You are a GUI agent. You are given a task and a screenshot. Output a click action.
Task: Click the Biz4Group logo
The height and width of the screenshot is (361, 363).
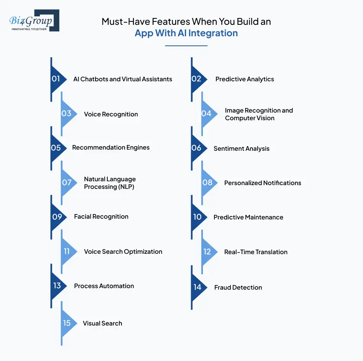pos(34,21)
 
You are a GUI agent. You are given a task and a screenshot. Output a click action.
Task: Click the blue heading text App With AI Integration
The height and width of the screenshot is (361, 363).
pos(186,33)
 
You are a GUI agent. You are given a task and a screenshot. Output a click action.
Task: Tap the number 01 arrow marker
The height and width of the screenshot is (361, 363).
pos(57,79)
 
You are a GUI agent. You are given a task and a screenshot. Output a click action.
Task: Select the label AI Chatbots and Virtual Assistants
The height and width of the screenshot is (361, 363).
pos(123,79)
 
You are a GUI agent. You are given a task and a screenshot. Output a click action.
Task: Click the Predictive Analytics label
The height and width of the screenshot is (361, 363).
pos(245,79)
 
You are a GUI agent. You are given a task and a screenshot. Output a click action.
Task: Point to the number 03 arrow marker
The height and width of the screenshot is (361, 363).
pos(67,114)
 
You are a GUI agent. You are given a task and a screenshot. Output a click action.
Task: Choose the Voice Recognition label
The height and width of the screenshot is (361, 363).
pos(111,114)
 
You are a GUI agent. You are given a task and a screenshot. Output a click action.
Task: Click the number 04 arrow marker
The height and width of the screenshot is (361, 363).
pos(207,114)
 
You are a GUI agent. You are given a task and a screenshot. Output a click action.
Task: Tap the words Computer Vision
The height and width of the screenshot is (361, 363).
pos(250,118)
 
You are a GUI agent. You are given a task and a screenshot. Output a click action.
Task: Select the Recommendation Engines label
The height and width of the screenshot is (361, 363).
pos(111,148)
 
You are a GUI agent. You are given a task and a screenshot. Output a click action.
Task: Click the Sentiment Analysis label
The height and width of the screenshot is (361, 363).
pos(241,149)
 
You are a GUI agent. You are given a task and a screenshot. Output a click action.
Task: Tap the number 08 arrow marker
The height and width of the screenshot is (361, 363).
pos(208,182)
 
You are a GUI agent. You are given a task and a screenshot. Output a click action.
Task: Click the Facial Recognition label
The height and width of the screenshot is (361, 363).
pos(101,217)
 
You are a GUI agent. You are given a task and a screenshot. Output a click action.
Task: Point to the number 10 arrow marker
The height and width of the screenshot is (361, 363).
pos(198,217)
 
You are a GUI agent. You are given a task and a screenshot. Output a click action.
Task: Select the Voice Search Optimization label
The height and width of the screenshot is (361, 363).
pos(123,252)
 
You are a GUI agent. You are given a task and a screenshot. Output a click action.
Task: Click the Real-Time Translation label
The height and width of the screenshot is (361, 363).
pos(256,252)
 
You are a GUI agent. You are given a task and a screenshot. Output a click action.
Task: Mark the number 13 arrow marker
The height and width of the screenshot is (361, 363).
pos(57,286)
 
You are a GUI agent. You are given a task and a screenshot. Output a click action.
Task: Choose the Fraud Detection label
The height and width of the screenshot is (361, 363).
pos(238,288)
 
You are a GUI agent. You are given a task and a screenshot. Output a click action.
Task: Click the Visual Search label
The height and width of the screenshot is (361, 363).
pos(102,324)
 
